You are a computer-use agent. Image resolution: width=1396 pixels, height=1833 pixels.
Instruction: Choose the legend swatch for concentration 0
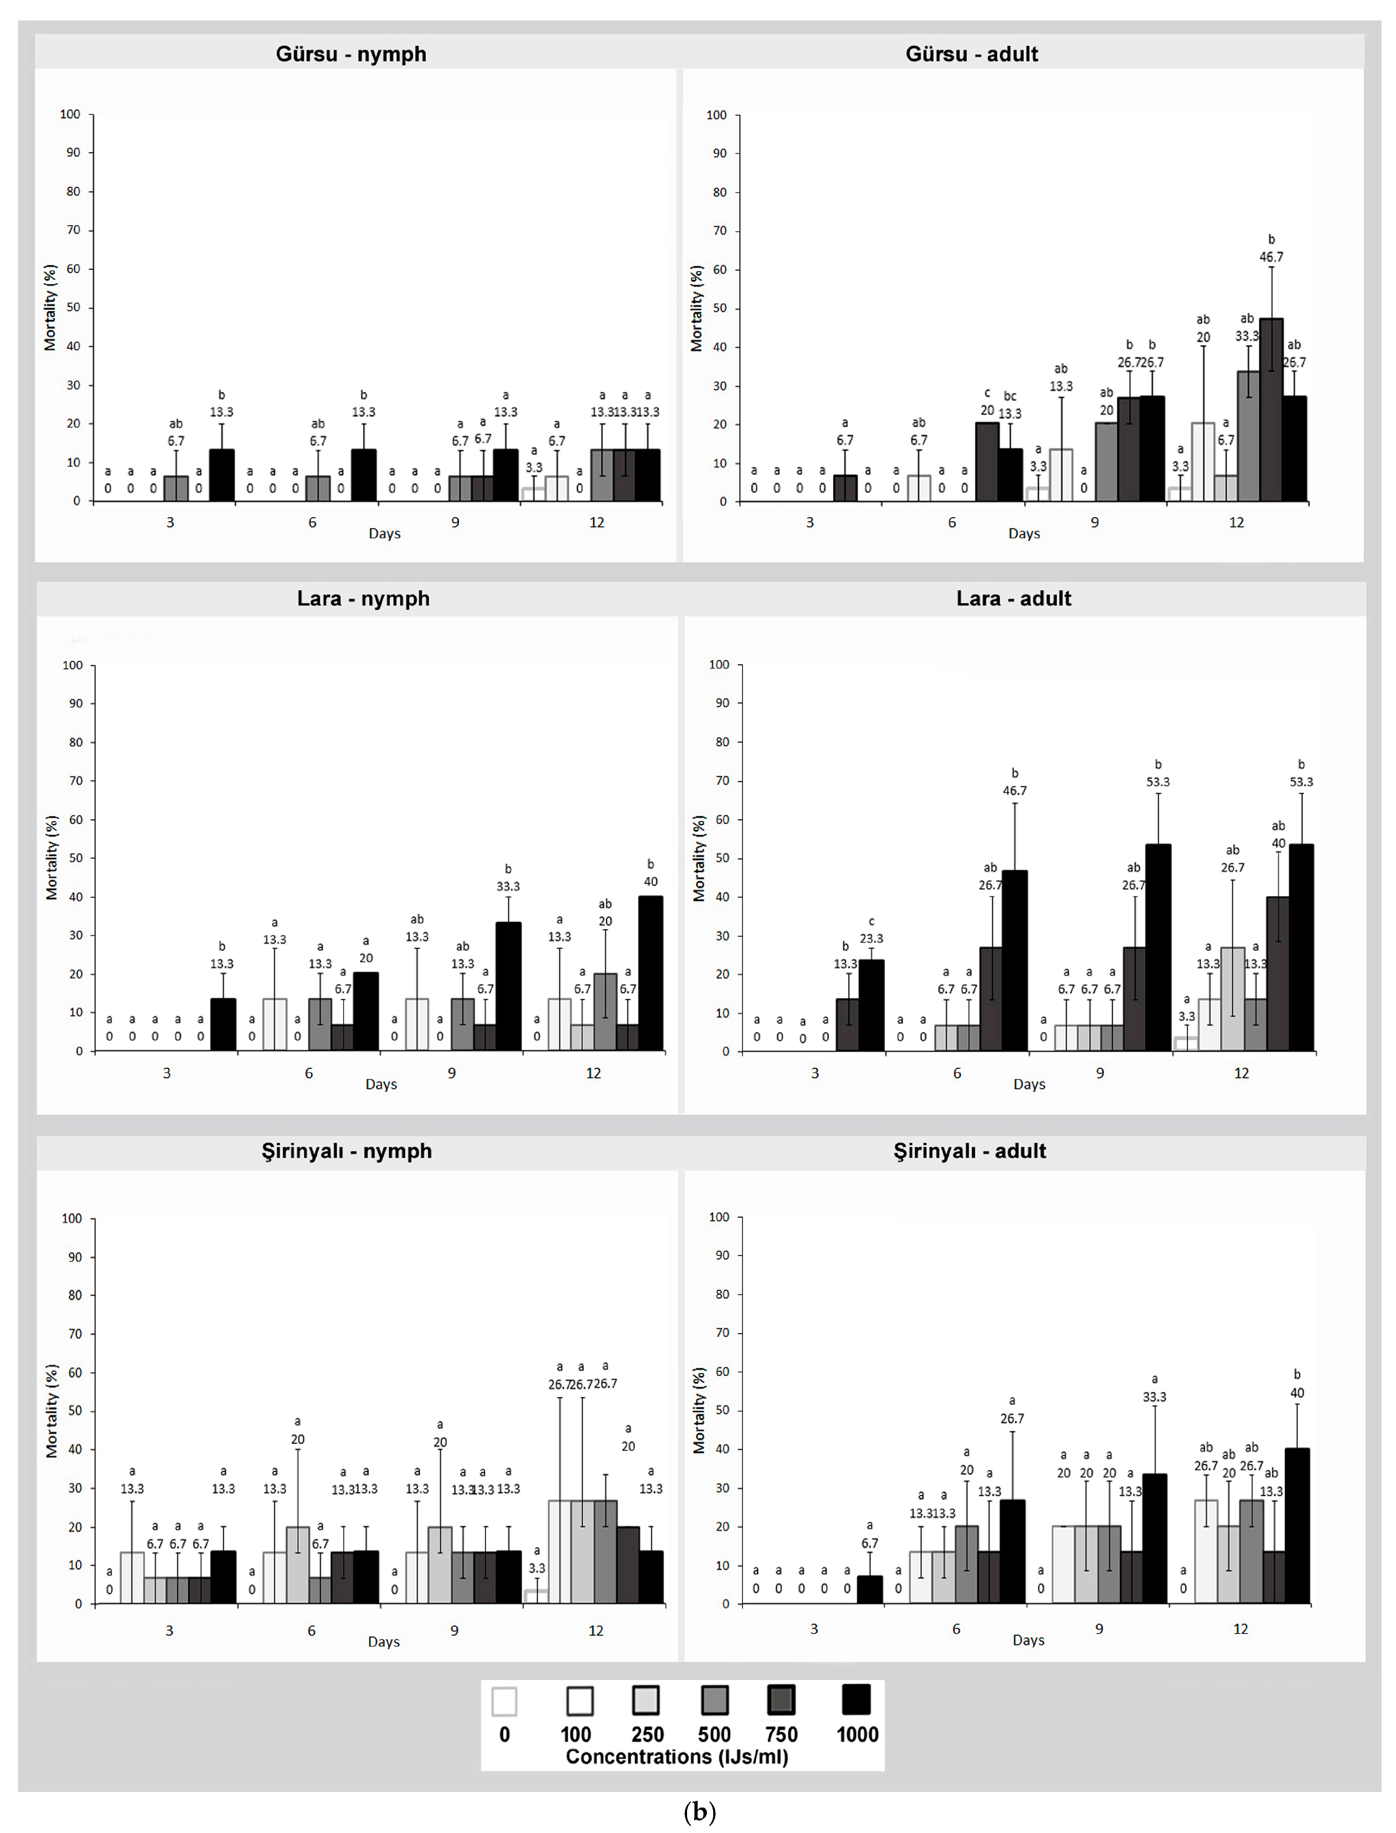pos(504,1700)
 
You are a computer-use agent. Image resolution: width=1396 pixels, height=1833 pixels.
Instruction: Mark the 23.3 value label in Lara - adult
pos(871,938)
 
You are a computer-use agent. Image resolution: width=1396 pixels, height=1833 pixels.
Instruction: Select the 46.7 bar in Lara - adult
pos(1014,961)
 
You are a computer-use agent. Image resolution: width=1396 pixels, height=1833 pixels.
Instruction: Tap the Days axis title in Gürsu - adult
pos(1024,533)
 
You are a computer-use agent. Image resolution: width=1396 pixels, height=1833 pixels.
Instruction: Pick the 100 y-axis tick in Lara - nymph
pos(73,665)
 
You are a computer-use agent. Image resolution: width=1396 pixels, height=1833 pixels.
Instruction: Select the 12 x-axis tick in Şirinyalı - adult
pos(1240,1629)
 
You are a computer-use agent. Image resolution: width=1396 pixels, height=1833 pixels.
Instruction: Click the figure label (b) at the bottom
pos(699,1811)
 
